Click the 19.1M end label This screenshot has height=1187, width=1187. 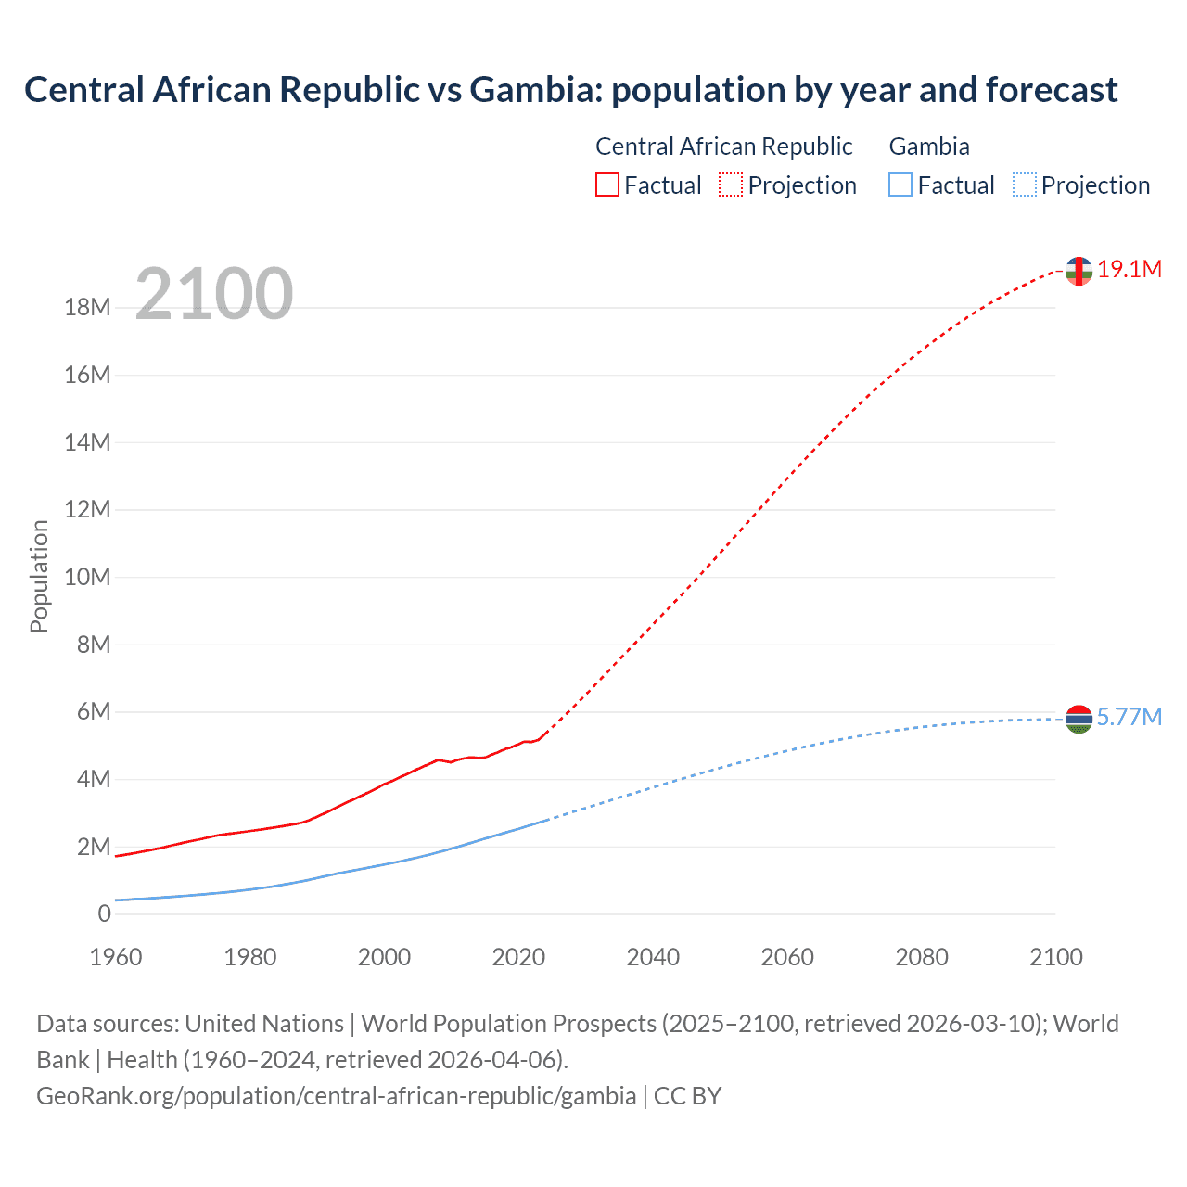click(1129, 269)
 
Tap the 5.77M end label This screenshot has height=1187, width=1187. click(1129, 717)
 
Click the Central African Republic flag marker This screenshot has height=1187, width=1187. click(1079, 271)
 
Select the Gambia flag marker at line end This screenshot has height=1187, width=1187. click(1079, 719)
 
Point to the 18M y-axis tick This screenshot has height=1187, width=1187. click(87, 307)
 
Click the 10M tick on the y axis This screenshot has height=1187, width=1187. click(87, 577)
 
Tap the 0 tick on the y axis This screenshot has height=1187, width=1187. click(104, 913)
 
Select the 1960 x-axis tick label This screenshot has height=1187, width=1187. click(115, 957)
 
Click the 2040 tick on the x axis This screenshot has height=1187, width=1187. click(653, 957)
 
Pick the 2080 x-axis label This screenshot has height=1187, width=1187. click(922, 957)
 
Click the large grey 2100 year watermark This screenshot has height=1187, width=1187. click(214, 294)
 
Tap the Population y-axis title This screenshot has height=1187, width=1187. click(39, 576)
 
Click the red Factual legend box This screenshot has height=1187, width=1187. click(606, 185)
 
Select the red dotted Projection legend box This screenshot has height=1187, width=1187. click(731, 185)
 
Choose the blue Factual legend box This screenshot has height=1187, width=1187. click(900, 185)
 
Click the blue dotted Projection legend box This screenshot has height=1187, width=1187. click(1024, 185)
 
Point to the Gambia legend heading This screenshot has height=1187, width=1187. click(929, 147)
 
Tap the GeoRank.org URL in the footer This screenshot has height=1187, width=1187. click(336, 1096)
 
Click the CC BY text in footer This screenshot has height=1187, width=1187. click(687, 1096)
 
